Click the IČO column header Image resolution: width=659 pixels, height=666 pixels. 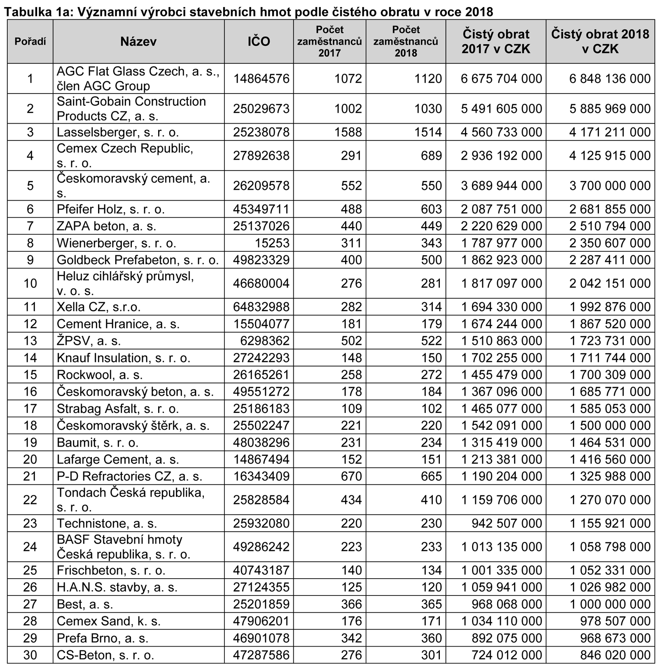coord(259,42)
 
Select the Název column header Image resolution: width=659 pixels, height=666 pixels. coord(138,42)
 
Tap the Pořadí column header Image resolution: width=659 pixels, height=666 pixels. coord(30,42)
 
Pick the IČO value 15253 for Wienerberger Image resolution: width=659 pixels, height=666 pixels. coord(272,243)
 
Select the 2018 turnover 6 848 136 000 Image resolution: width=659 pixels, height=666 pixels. coord(610,79)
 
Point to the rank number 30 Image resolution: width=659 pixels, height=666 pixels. coord(30,655)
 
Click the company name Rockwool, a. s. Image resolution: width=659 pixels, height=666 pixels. coord(100,375)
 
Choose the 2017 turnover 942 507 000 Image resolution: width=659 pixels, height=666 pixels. coord(507,523)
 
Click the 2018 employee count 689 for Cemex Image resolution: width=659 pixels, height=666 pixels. coord(431,156)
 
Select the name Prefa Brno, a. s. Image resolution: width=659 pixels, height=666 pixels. coord(102,638)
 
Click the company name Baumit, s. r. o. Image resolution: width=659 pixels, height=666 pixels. coord(98,443)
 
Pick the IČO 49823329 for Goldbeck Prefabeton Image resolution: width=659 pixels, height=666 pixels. coord(261,260)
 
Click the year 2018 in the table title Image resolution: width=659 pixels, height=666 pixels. coord(479,12)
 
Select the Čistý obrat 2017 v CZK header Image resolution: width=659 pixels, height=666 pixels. coord(496,42)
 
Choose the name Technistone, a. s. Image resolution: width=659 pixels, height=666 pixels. coord(107,523)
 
